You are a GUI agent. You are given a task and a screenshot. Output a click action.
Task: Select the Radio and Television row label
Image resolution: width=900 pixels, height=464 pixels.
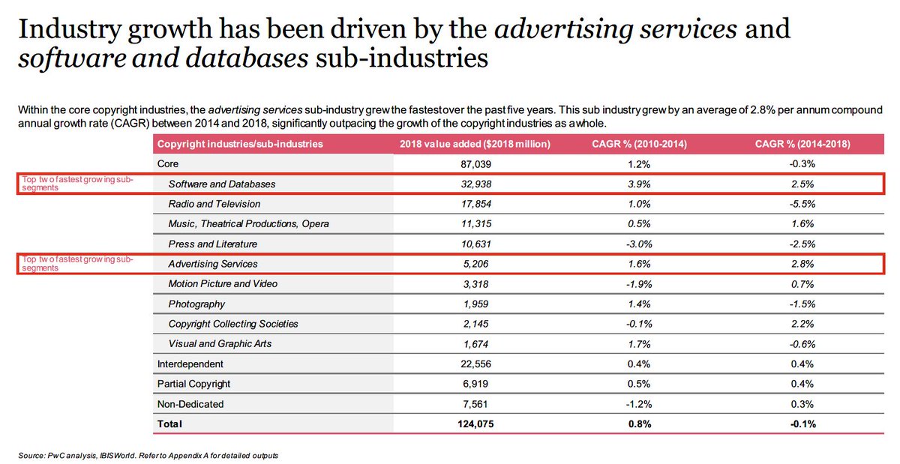tap(214, 204)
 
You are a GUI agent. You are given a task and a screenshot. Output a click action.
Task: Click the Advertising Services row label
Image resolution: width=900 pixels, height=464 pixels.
tap(213, 264)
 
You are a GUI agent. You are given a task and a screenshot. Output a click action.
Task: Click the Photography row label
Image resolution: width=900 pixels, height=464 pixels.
tap(196, 304)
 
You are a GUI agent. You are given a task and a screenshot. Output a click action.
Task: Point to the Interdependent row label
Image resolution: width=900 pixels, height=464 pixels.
tap(190, 364)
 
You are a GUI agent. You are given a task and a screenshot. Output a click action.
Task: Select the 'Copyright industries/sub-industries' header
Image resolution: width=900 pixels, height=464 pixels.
tap(240, 143)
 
